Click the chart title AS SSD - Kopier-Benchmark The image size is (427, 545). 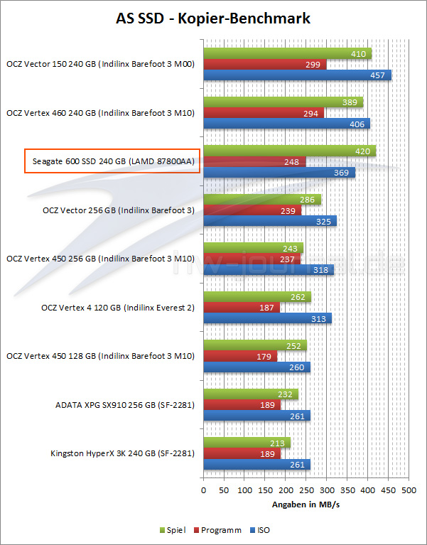click(213, 18)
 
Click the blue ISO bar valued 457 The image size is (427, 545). click(297, 75)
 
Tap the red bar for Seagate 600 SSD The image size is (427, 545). click(254, 161)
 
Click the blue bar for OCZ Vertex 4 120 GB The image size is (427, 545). click(267, 318)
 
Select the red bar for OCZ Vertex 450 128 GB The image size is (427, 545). click(240, 356)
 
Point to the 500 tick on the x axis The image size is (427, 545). click(408, 490)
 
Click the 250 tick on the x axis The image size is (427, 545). click(306, 490)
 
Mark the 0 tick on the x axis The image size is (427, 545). click(204, 490)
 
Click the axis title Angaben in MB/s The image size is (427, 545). click(306, 504)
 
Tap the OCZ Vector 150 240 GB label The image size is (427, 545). click(100, 64)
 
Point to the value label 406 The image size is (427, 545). click(357, 123)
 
